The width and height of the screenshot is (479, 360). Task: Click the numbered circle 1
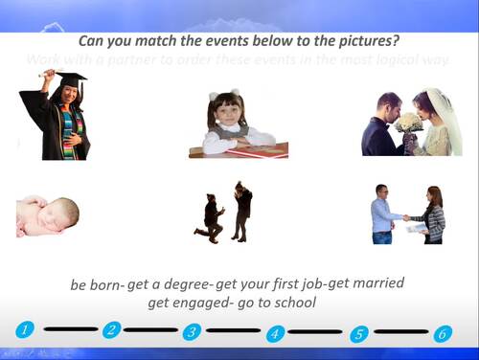click(x=26, y=329)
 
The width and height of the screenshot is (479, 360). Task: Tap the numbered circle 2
click(x=111, y=329)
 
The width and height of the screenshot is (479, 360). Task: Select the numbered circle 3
click(x=192, y=331)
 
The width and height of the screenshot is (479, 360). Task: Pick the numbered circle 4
click(x=276, y=333)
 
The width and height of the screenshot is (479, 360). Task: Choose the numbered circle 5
click(x=359, y=334)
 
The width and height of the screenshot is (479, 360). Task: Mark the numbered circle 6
click(x=442, y=334)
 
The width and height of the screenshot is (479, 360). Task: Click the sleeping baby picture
click(x=47, y=215)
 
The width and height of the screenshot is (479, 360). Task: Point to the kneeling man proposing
click(x=211, y=217)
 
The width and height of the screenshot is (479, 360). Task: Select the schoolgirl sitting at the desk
click(x=230, y=120)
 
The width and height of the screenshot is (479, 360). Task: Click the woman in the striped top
click(x=434, y=214)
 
